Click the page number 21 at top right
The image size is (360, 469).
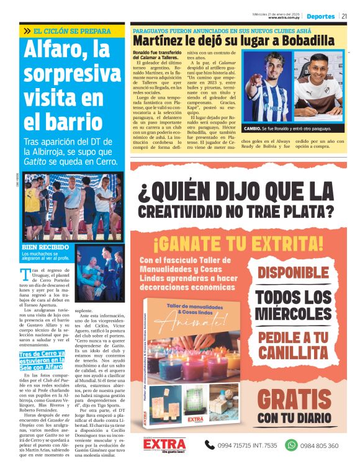pos(344,16)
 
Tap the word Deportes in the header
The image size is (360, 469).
pos(320,16)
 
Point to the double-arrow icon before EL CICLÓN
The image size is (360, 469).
pos(27,30)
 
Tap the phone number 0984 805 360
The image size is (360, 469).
pos(320,445)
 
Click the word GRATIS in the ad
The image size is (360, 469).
pos(294,400)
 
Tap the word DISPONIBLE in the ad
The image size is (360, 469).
pos(294,272)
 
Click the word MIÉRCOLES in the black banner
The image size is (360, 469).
pos(294,314)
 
